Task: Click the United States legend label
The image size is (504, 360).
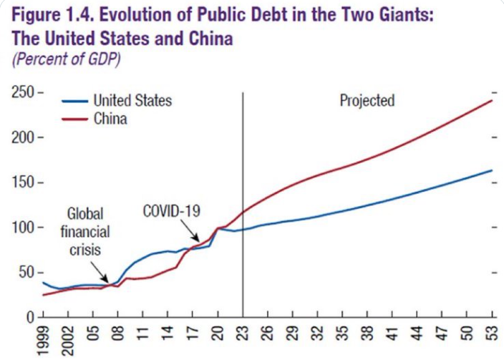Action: (132, 101)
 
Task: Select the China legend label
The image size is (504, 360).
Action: (110, 118)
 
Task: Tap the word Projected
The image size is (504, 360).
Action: (367, 101)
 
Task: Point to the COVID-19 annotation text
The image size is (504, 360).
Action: (173, 211)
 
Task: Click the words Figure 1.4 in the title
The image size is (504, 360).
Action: (49, 14)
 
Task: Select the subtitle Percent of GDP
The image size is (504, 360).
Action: (67, 59)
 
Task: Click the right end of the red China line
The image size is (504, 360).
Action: (493, 100)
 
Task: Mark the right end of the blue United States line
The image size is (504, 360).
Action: (493, 170)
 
